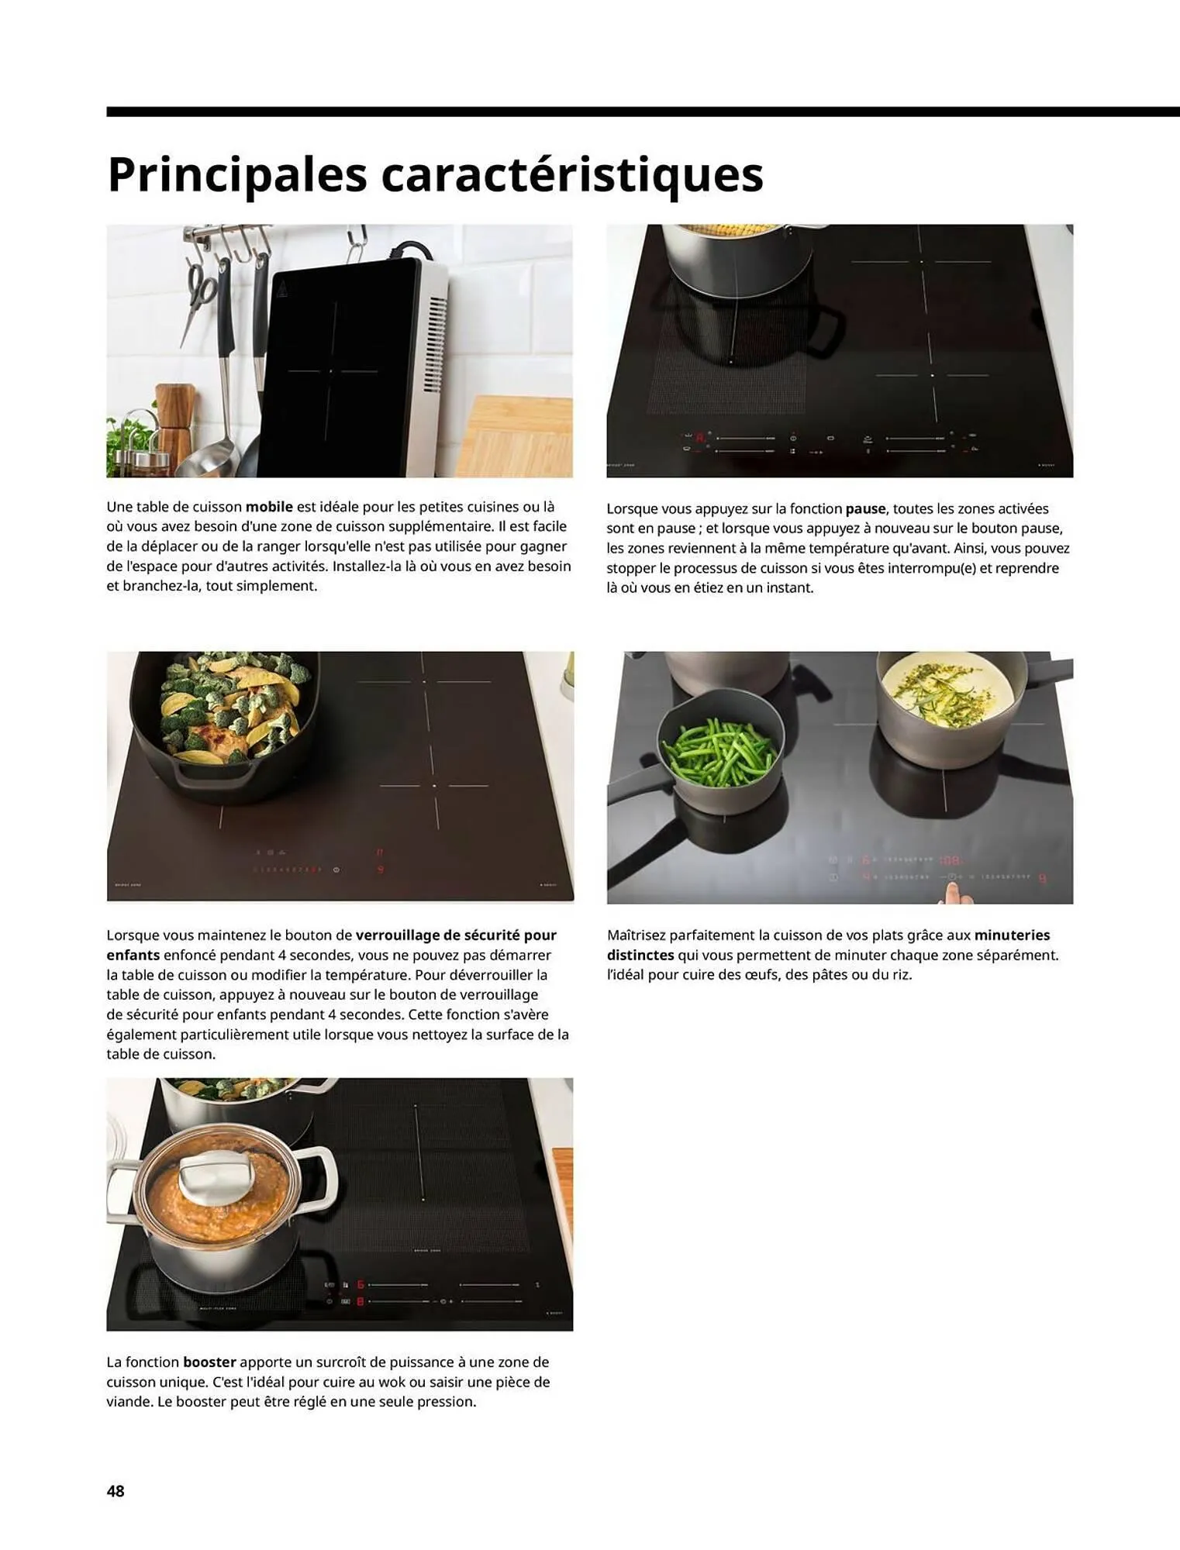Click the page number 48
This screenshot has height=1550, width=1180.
click(x=116, y=1490)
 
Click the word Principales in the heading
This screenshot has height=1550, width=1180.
click(x=236, y=175)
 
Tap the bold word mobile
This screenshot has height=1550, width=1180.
click(x=269, y=507)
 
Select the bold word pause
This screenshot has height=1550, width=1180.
click(x=865, y=509)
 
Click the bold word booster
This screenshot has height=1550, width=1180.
click(x=209, y=1362)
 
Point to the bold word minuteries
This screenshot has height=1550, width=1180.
click(x=1012, y=935)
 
